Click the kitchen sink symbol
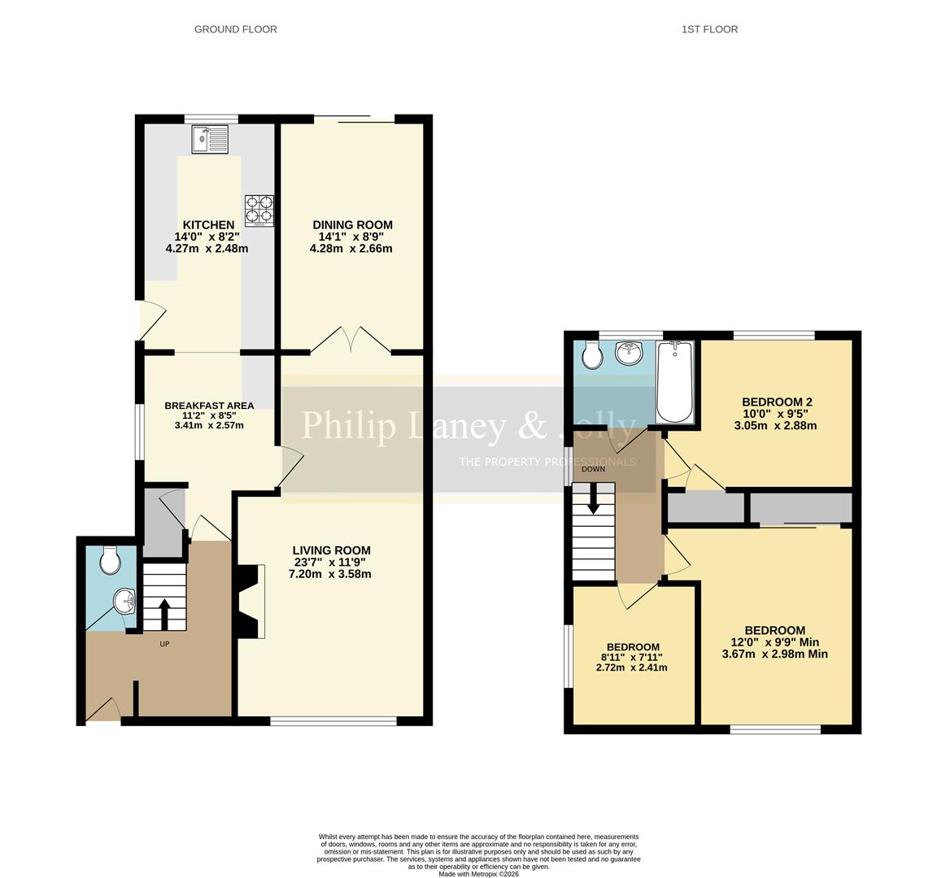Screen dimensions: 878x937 tap(211, 140)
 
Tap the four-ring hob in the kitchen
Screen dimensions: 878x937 tap(259, 210)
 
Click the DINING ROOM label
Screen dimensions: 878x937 tap(352, 225)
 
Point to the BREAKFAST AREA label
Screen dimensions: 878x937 tap(209, 406)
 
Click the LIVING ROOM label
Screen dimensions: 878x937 tap(331, 550)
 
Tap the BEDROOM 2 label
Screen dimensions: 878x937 tap(777, 402)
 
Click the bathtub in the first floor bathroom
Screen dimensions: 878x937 tap(674, 381)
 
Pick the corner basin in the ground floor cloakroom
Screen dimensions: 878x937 tap(124, 602)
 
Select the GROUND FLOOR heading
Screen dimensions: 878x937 tap(235, 29)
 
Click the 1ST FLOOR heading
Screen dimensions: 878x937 tap(709, 29)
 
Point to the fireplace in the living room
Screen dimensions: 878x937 tap(251, 602)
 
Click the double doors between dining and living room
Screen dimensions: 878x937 tap(351, 340)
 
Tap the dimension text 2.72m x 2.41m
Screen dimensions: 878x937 tap(631, 668)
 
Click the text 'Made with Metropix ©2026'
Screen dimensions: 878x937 tap(478, 874)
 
